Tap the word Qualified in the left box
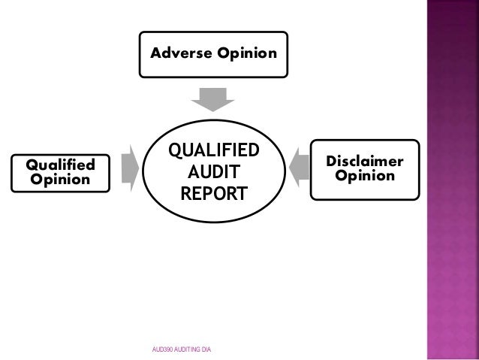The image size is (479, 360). (60, 165)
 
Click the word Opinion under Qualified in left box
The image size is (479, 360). (60, 180)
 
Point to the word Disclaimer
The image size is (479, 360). (365, 162)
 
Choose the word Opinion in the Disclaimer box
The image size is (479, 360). (365, 177)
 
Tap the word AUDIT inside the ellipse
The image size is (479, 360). (213, 172)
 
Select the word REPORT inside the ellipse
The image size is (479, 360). (213, 194)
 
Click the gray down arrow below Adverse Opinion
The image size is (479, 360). (213, 98)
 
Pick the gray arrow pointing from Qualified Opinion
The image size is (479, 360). (125, 166)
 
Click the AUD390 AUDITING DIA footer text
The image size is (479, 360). (181, 349)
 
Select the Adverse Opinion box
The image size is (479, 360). (213, 54)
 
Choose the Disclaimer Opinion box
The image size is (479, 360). (365, 169)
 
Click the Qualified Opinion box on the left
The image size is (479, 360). (60, 171)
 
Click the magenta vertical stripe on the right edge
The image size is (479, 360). (452, 180)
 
